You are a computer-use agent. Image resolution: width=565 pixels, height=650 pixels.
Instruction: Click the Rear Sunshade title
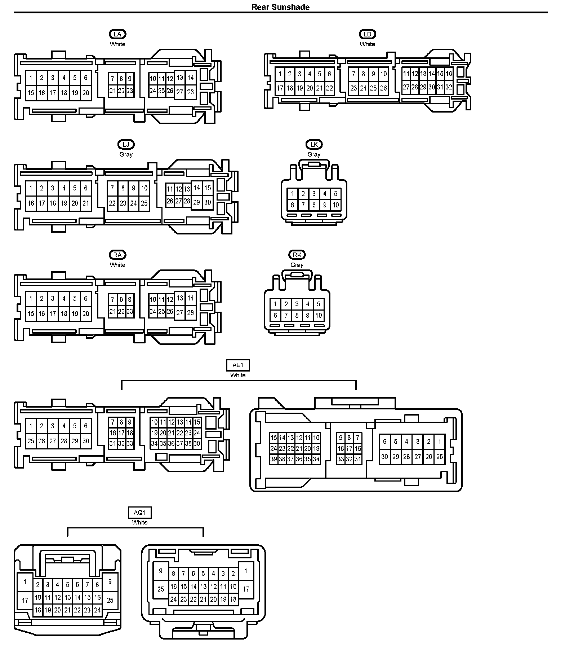tap(280, 7)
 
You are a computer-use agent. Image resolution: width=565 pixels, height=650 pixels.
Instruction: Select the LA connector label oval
tap(117, 34)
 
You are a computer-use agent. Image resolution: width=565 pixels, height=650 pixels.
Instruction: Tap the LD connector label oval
tap(367, 34)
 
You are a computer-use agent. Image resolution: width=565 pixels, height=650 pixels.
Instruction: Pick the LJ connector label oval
tap(126, 145)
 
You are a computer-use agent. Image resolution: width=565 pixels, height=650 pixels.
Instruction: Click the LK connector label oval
tap(314, 145)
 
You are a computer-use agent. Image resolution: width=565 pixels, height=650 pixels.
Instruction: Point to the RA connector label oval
tap(117, 255)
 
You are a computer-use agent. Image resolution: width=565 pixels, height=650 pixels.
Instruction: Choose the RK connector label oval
tap(297, 255)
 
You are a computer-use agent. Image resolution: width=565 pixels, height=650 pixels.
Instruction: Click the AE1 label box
tap(238, 365)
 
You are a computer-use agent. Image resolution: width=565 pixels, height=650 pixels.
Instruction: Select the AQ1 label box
tap(140, 512)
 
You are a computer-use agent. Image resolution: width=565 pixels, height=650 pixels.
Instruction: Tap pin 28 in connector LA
tap(191, 92)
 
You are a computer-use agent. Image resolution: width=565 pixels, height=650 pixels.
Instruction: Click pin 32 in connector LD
tap(449, 87)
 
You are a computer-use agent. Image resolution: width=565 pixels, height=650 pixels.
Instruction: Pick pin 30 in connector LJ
tap(208, 202)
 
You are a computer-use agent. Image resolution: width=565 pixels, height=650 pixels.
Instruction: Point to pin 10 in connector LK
tap(336, 205)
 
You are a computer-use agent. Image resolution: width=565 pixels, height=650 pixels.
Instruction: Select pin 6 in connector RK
tap(275, 315)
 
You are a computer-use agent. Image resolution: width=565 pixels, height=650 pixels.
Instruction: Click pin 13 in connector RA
tap(180, 298)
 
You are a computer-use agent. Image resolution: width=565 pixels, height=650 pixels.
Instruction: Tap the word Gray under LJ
tap(126, 154)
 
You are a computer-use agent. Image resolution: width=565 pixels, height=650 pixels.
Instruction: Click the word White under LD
tap(367, 44)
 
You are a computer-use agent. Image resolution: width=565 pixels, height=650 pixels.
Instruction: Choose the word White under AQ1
tap(140, 522)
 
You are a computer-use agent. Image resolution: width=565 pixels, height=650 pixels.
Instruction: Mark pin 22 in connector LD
tap(329, 88)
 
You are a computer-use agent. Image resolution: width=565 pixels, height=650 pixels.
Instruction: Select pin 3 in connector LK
tap(314, 194)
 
